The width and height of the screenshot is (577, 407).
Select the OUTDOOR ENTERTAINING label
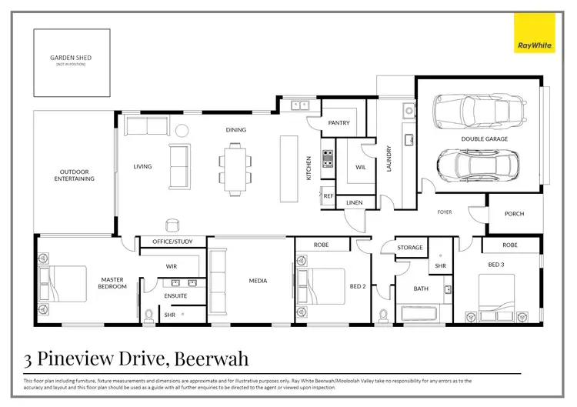click(74, 175)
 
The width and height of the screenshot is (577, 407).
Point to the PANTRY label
click(339, 123)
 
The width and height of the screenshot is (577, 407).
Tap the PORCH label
click(515, 215)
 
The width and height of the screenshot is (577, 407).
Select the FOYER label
click(445, 212)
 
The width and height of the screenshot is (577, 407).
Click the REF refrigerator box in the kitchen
click(329, 196)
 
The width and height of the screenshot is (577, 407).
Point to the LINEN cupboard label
click(354, 202)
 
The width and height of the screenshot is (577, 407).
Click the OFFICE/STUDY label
click(173, 242)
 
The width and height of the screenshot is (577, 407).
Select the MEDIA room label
click(258, 281)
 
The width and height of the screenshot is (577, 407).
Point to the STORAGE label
click(410, 248)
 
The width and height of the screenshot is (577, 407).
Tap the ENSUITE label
click(175, 295)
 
